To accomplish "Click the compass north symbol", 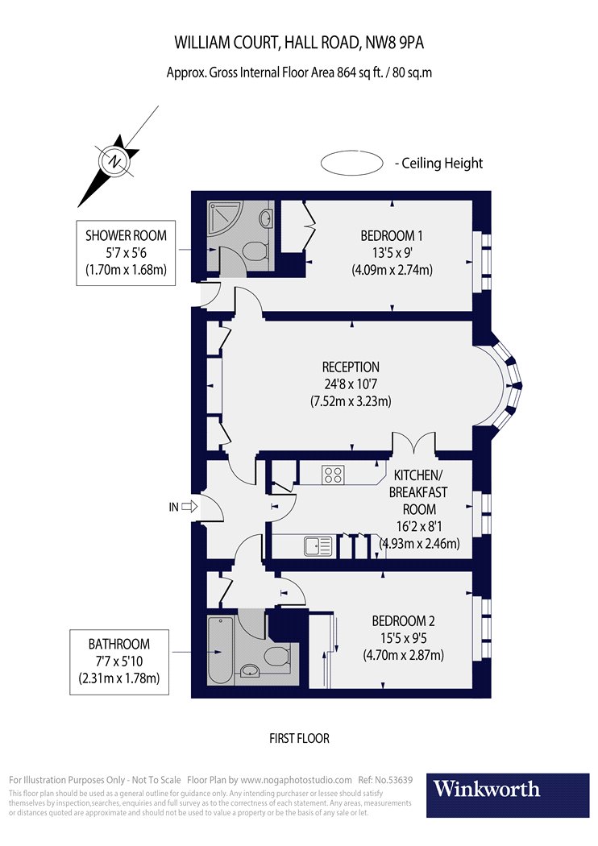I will [x=116, y=160].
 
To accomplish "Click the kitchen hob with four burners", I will [x=334, y=475].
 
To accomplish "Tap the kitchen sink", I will [x=318, y=547].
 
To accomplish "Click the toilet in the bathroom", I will [x=277, y=657].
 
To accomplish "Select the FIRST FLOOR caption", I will [x=299, y=738].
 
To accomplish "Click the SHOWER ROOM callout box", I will [x=126, y=252].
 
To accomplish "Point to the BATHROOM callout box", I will [x=119, y=661].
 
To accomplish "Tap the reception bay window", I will [x=509, y=384].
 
